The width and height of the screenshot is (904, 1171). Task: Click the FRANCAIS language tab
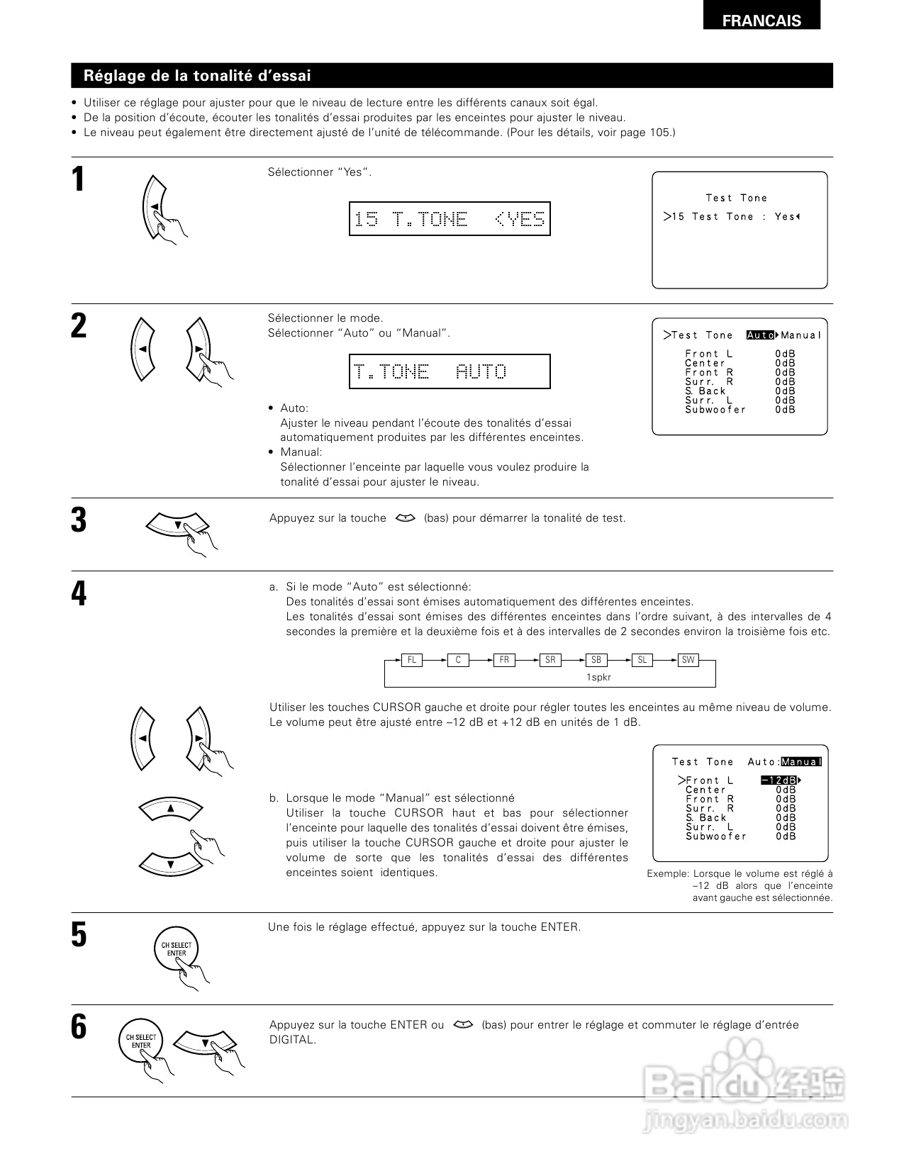click(x=761, y=21)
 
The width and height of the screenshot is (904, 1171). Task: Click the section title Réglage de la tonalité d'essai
click(x=197, y=76)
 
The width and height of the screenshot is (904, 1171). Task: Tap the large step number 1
click(x=79, y=179)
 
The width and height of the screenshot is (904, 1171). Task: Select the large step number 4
click(x=79, y=594)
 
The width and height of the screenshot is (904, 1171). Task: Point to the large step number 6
click(x=79, y=1027)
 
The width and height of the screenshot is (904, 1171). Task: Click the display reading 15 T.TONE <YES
click(x=450, y=219)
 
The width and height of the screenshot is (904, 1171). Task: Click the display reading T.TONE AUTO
click(x=450, y=371)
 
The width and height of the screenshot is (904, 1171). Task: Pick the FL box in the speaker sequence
click(x=411, y=660)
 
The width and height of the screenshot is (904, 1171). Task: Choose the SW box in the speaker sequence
click(x=688, y=660)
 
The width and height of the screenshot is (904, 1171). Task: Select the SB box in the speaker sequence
click(x=596, y=660)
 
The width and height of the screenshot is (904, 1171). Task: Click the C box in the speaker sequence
click(x=458, y=660)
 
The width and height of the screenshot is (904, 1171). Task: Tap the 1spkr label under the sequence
click(x=598, y=677)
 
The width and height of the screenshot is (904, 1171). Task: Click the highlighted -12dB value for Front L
click(x=779, y=780)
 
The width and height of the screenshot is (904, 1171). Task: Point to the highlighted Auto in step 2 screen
click(x=761, y=335)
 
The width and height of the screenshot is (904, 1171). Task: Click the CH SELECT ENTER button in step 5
click(x=176, y=949)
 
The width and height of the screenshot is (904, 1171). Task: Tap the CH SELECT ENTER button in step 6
click(x=140, y=1041)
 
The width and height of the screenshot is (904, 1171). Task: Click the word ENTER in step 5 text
click(x=559, y=927)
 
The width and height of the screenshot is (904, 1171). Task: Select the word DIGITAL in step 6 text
click(x=292, y=1040)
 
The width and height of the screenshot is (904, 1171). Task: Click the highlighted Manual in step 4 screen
click(x=801, y=762)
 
